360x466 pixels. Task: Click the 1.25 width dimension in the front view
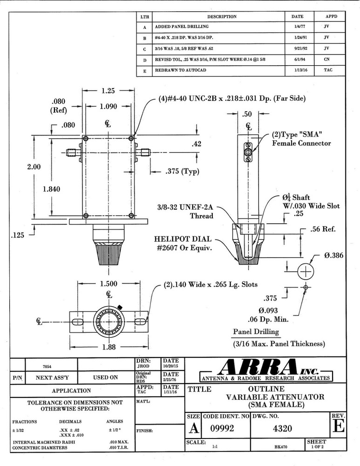(x=108, y=91)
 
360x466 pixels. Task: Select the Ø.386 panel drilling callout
(x=334, y=256)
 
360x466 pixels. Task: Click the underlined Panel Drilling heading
(x=256, y=332)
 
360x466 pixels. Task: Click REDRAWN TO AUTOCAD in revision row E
(x=181, y=70)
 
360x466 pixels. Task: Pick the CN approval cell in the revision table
(x=326, y=60)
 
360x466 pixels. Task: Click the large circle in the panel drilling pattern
(x=306, y=272)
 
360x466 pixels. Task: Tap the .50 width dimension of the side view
(x=249, y=114)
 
